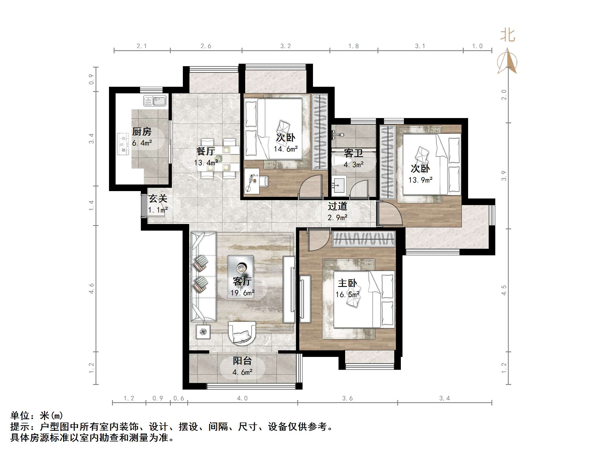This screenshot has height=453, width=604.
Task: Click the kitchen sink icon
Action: pyautogui.click(x=155, y=101)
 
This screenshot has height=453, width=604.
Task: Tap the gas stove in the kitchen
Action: pyautogui.click(x=123, y=144)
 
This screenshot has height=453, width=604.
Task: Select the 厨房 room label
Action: pyautogui.click(x=142, y=132)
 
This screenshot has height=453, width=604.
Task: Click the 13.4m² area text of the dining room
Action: pyautogui.click(x=206, y=163)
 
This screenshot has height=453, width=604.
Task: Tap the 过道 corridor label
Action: pyautogui.click(x=337, y=206)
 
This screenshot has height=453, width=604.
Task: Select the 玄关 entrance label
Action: pyautogui.click(x=158, y=198)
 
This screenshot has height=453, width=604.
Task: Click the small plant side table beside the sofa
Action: pyautogui.click(x=203, y=332)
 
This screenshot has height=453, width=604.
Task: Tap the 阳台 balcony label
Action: pyautogui.click(x=242, y=360)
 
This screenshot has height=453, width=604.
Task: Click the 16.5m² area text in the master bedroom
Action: pyautogui.click(x=348, y=295)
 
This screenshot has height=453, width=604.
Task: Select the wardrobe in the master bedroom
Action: pyautogui.click(x=364, y=239)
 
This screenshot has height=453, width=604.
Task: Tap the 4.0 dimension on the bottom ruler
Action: pyautogui.click(x=242, y=398)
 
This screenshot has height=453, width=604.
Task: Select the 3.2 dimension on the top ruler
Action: pyautogui.click(x=286, y=46)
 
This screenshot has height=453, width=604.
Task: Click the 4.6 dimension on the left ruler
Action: pyautogui.click(x=91, y=288)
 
